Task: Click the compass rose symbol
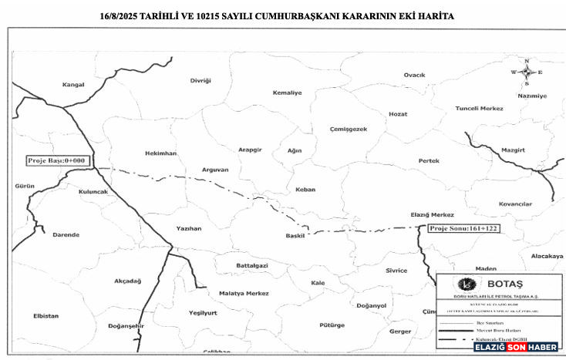(x=527, y=72)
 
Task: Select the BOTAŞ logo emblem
(x=466, y=284)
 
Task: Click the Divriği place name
(x=200, y=80)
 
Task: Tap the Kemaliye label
(x=287, y=93)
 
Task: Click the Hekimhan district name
(x=160, y=153)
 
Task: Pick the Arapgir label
(x=251, y=149)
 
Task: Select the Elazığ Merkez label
(x=433, y=215)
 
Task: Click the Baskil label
(x=295, y=235)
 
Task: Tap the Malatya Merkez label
(x=243, y=294)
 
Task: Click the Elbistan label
(x=46, y=315)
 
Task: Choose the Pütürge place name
(x=332, y=325)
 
